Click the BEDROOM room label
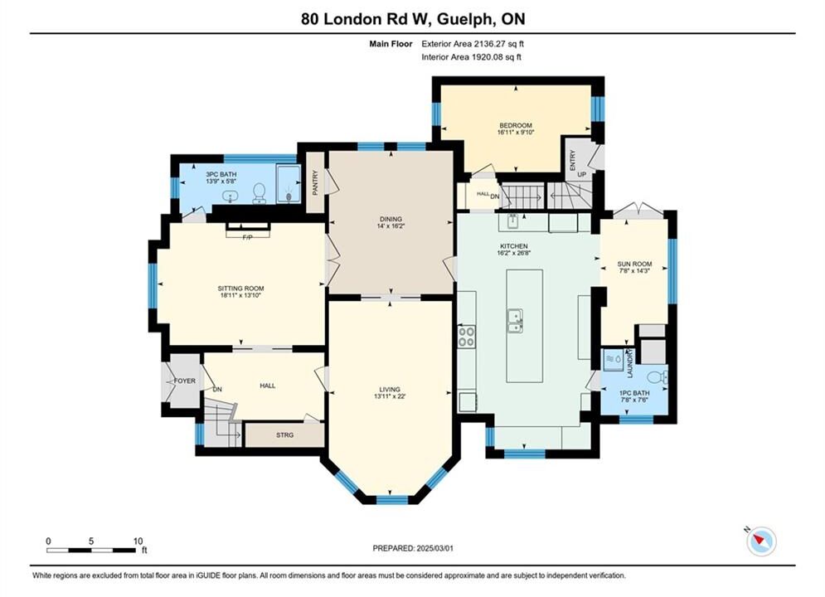(x=516, y=125)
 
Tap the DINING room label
(x=391, y=219)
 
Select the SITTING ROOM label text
(x=241, y=289)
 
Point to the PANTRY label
(x=315, y=182)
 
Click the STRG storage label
(x=284, y=435)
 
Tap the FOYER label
(x=185, y=381)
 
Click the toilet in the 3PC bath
(x=260, y=193)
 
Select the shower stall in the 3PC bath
(x=289, y=183)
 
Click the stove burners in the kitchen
(x=467, y=336)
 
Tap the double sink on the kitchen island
(x=515, y=322)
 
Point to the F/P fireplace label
(x=247, y=238)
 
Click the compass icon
(x=761, y=541)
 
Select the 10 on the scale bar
(x=138, y=541)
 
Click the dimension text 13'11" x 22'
(x=390, y=396)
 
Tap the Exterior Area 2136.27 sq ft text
(x=473, y=44)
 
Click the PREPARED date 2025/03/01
(x=434, y=548)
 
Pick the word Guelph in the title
(x=465, y=19)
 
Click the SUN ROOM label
(x=634, y=264)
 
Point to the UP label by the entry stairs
(x=582, y=175)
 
